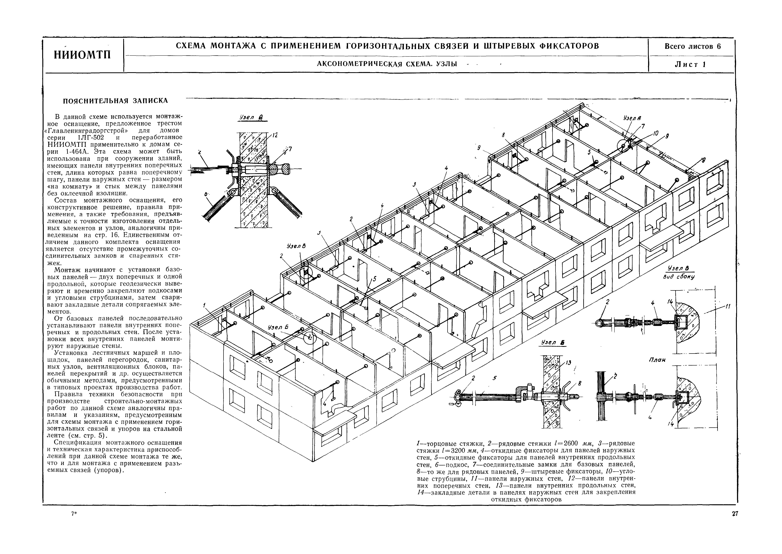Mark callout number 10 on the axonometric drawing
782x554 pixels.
click(655, 134)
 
